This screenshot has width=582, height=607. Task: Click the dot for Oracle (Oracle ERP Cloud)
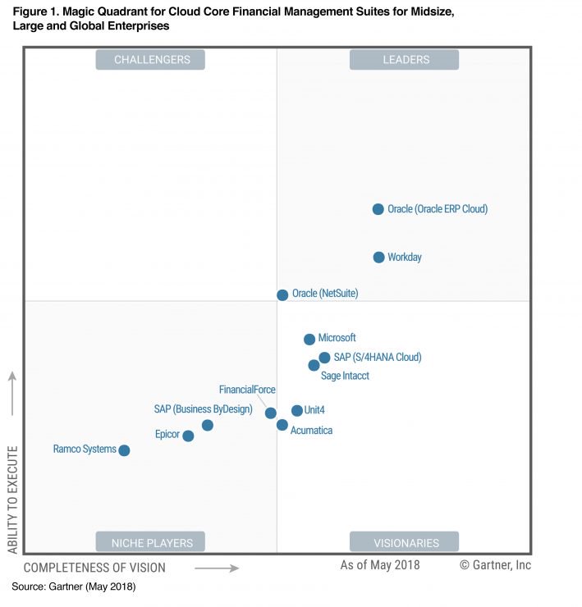coord(378,209)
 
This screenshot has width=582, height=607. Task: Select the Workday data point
coord(378,258)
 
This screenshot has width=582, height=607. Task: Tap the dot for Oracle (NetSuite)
coord(282,294)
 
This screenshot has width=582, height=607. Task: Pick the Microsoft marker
coord(309,339)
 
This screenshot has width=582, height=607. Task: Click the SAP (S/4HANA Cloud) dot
coord(324,358)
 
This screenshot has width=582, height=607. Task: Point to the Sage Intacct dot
coord(314,365)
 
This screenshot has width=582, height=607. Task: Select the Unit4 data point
coord(296,410)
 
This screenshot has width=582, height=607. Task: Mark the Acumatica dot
coord(282,425)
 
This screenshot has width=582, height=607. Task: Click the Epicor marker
coord(188,436)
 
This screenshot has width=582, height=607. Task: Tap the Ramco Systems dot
coord(124,450)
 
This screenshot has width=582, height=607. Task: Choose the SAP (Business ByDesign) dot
coord(208,425)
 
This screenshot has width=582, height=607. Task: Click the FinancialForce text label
coord(247,390)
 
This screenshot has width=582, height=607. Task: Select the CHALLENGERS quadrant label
coord(151,60)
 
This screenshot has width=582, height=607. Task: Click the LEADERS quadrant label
coord(405,60)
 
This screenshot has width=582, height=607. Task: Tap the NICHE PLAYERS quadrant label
coord(151,542)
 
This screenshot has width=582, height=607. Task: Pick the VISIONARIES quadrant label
coord(405,542)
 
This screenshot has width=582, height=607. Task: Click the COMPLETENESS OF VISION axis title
coord(94,568)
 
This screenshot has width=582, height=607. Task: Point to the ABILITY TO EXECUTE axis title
coord(12,500)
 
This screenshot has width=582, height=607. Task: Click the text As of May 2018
coord(380,565)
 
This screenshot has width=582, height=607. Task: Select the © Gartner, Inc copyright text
coord(495,565)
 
